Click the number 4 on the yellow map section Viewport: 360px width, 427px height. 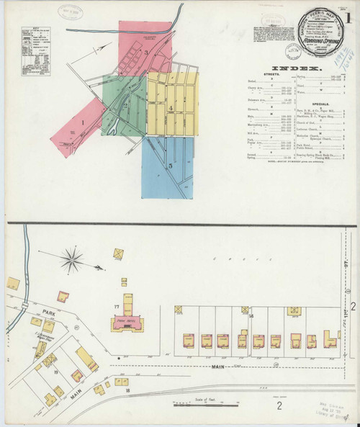tap(171, 109)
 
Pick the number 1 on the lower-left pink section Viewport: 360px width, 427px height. tap(84, 122)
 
